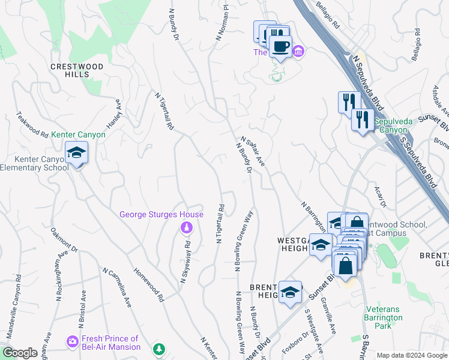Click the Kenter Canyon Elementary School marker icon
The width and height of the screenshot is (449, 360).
[x=77, y=154]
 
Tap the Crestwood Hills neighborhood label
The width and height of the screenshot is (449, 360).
[x=77, y=70]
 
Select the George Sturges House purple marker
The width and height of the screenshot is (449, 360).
[x=187, y=227]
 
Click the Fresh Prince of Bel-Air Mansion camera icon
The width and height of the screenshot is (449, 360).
[x=73, y=341]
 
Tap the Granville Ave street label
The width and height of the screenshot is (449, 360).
[x=328, y=310]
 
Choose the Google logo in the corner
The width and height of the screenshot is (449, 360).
[x=20, y=353]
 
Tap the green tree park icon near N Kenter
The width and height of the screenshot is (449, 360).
[x=158, y=349]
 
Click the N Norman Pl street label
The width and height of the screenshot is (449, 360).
[x=222, y=24]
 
